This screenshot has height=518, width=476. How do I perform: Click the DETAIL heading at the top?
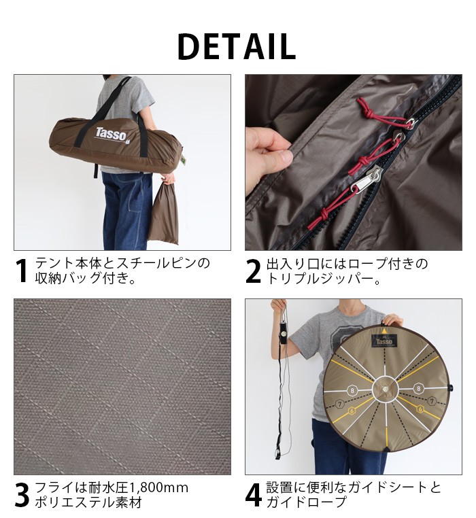pyautogui.click(x=237, y=46)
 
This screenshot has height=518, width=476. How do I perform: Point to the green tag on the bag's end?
pyautogui.click(x=184, y=160)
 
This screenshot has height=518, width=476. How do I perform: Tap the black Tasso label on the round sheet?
pyautogui.click(x=385, y=340)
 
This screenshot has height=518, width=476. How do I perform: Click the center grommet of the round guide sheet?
pyautogui.click(x=386, y=390)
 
